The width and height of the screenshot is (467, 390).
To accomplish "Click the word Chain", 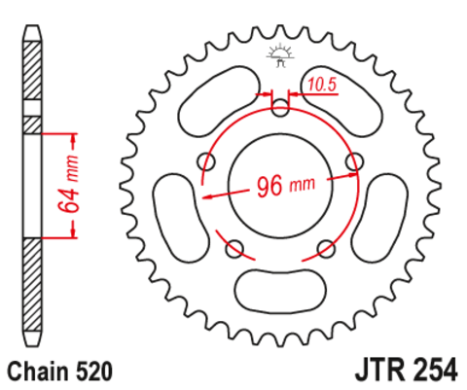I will tap(37, 371).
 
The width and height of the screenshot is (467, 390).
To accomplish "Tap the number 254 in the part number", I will tap(430, 371).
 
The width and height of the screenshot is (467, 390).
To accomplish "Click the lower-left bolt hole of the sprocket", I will tap(233, 250).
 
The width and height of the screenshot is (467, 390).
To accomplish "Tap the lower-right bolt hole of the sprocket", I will tap(327, 250).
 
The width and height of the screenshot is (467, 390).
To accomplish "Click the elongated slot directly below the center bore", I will tap(280, 288).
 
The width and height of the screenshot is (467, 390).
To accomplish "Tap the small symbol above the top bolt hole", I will tap(280, 54).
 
